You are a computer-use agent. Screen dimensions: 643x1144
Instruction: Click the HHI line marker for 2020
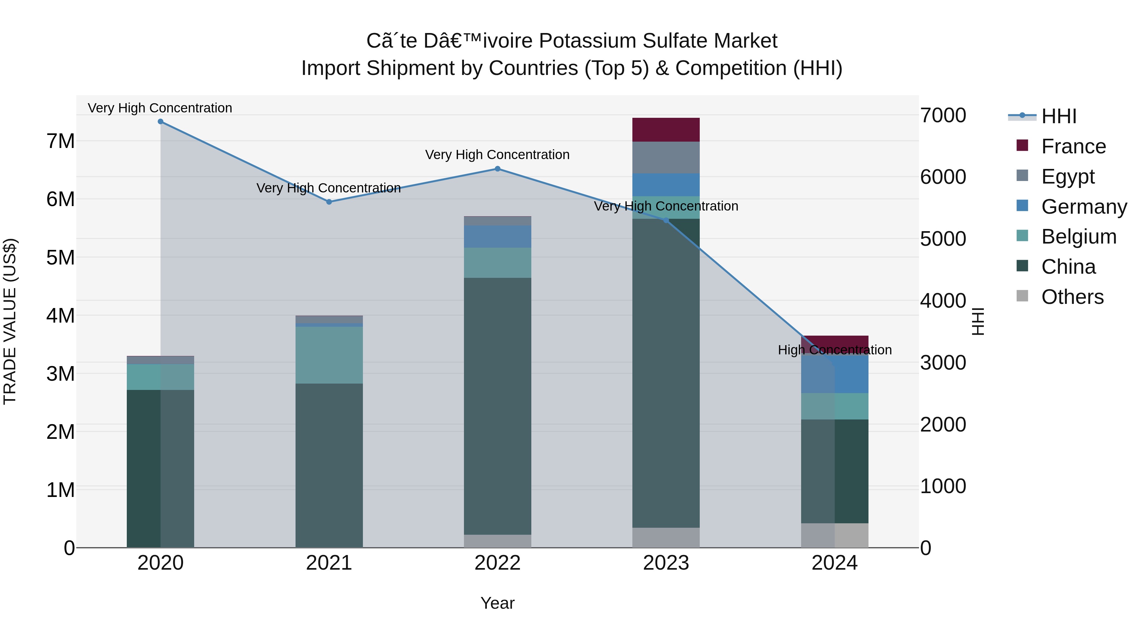160,122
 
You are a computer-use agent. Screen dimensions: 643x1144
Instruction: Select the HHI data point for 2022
497,169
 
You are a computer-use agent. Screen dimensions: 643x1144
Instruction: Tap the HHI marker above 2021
329,202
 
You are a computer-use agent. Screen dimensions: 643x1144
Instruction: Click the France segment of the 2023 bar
666,130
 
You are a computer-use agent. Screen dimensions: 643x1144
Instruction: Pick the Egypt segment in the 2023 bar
666,157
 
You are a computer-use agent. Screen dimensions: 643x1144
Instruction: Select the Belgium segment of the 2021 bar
329,355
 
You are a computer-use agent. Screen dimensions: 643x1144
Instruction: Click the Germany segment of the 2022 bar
497,237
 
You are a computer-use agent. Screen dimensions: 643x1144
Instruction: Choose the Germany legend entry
1084,207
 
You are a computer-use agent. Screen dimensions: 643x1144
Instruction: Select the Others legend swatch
1022,296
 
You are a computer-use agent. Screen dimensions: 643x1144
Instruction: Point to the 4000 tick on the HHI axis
943,301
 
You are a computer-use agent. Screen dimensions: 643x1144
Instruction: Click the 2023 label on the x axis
666,563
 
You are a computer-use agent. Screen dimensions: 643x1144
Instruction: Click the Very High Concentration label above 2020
160,108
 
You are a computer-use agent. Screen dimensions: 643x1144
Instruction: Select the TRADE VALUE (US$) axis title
10,321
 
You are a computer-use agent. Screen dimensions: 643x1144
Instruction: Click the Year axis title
497,603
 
